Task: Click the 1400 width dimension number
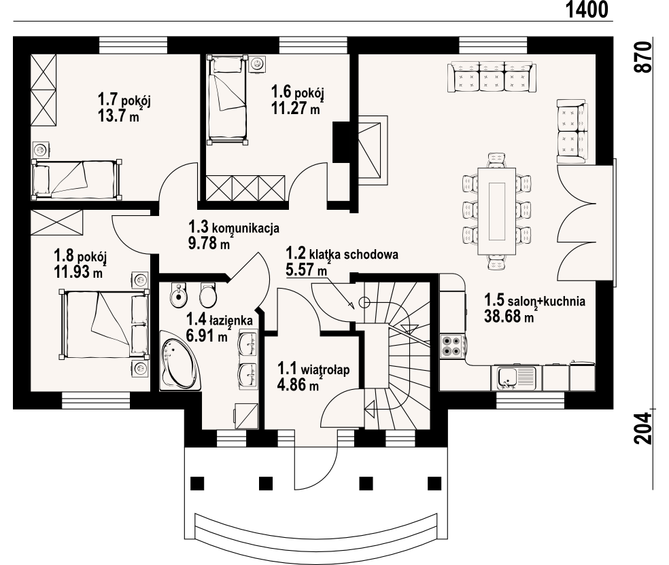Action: point(587,10)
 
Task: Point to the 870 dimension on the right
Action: point(643,57)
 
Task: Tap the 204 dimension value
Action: point(643,428)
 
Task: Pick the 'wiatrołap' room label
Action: point(325,369)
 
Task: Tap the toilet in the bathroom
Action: point(208,295)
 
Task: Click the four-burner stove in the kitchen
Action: point(452,346)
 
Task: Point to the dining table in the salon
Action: point(497,211)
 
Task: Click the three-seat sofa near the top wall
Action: point(491,77)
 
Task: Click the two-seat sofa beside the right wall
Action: point(571,131)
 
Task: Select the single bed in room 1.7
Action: point(77,179)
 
